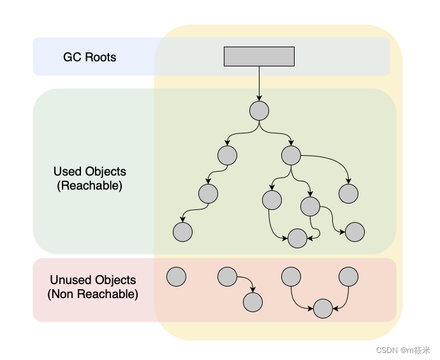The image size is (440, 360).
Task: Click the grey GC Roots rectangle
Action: pyautogui.click(x=259, y=56)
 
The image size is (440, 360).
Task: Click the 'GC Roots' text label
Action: pyautogui.click(x=89, y=57)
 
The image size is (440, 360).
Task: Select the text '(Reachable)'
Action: pyautogui.click(x=89, y=186)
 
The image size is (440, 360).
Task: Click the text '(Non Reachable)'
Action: pyautogui.click(x=92, y=294)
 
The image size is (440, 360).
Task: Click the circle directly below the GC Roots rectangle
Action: pyautogui.click(x=259, y=110)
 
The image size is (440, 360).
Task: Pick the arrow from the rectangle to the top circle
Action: pyautogui.click(x=259, y=84)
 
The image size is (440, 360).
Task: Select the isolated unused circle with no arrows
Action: pyautogui.click(x=176, y=276)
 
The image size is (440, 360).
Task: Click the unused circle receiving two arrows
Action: pyautogui.click(x=323, y=308)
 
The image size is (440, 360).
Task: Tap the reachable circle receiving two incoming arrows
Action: pyautogui.click(x=297, y=238)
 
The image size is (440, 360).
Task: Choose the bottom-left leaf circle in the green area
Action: pyautogui.click(x=182, y=232)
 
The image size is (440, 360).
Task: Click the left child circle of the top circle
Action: pyautogui.click(x=227, y=155)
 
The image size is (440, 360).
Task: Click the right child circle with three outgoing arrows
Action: pyautogui.click(x=291, y=155)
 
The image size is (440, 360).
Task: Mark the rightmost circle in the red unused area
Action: pyautogui.click(x=348, y=276)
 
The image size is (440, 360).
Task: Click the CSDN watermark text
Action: pyautogui.click(x=403, y=350)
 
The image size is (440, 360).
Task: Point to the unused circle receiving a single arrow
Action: pyautogui.click(x=253, y=302)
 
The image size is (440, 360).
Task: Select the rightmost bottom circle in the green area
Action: pyautogui.click(x=355, y=232)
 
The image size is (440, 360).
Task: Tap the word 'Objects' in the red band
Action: pyautogui.click(x=115, y=280)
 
